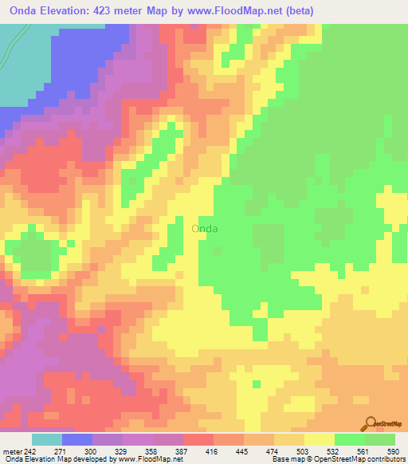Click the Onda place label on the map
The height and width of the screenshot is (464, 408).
[205, 228]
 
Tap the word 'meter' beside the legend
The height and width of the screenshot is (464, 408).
[14, 450]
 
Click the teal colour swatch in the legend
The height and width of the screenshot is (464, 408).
[46, 439]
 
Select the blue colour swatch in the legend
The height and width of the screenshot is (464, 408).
[76, 439]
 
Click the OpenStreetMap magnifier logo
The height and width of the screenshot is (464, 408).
[371, 423]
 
